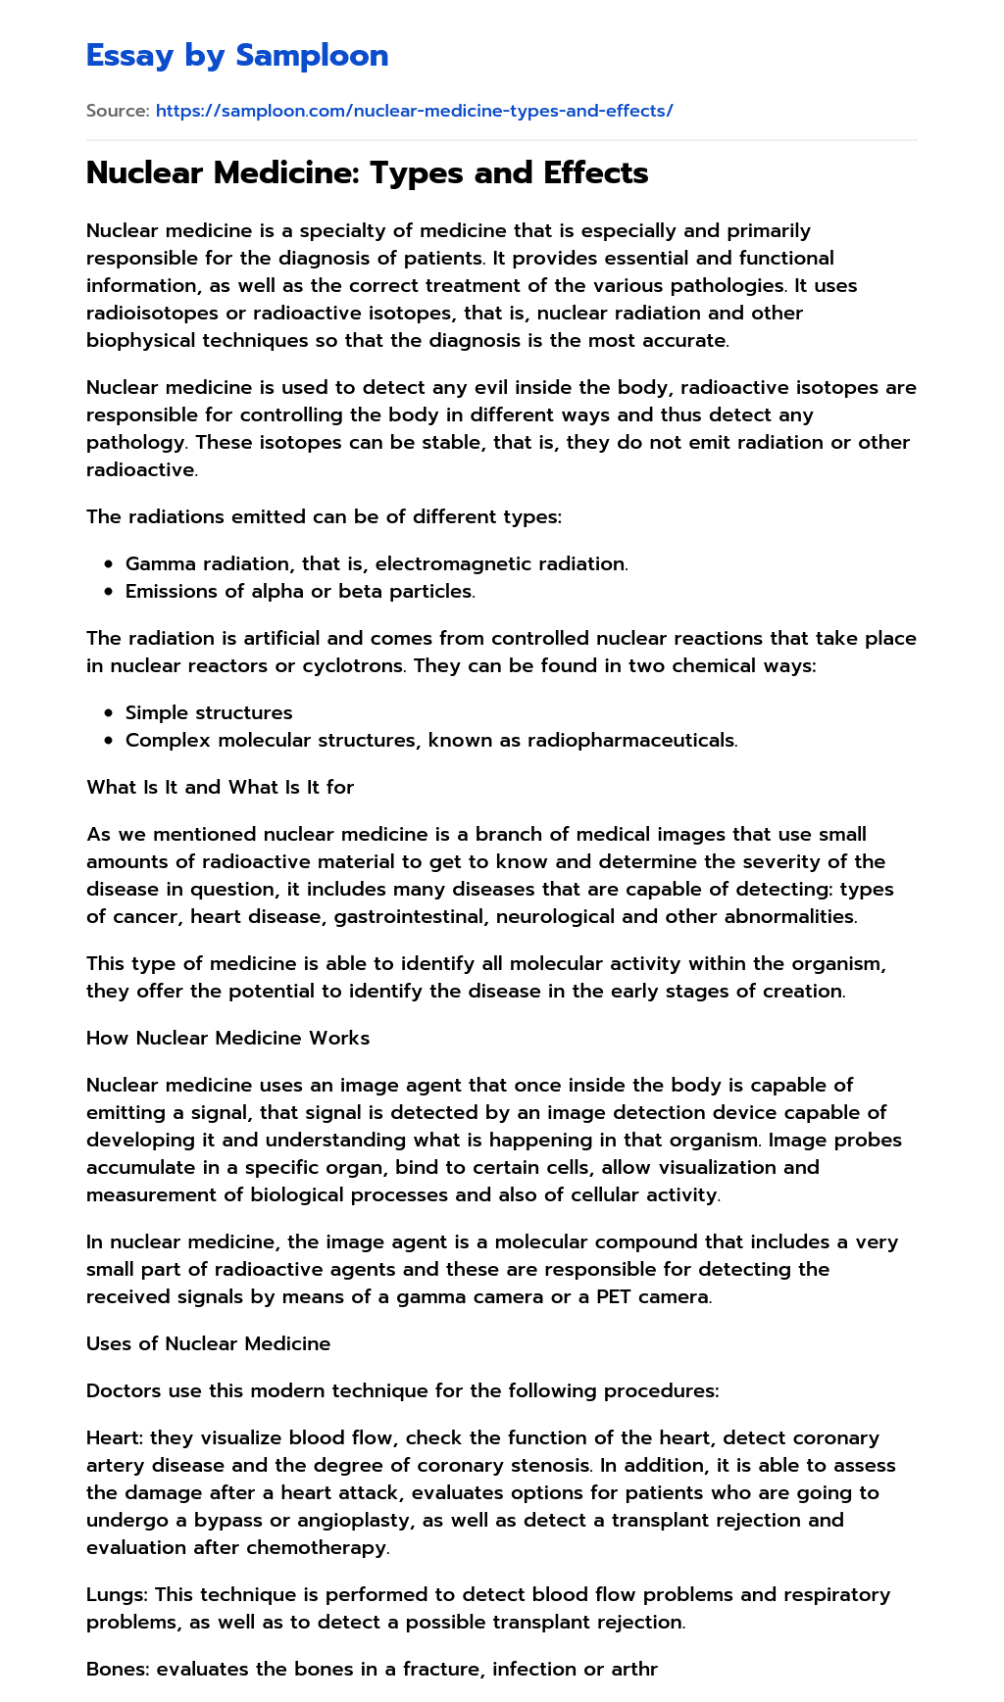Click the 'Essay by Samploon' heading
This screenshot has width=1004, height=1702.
point(237,56)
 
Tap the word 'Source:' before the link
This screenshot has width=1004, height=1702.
point(118,111)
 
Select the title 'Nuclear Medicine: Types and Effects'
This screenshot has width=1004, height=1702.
point(367,172)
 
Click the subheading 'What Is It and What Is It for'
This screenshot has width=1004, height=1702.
point(220,787)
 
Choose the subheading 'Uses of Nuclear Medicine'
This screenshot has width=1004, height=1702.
point(208,1343)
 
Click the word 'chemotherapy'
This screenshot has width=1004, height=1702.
point(328,1547)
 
